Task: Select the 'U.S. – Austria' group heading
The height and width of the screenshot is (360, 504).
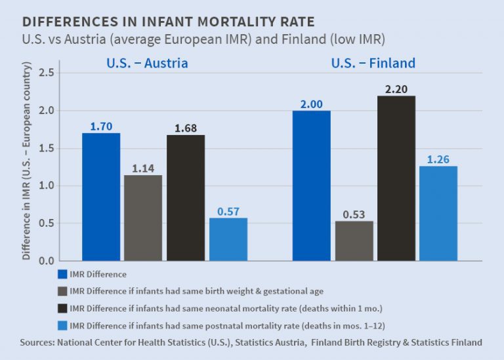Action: (x=147, y=64)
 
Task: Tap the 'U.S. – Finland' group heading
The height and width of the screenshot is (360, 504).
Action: (x=373, y=64)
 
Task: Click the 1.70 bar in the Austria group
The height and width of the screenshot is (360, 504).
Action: (x=100, y=197)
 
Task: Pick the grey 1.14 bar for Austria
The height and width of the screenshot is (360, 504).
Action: (x=142, y=218)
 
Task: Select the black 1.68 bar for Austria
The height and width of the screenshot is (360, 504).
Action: (x=185, y=197)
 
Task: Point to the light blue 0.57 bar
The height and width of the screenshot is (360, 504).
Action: (x=228, y=239)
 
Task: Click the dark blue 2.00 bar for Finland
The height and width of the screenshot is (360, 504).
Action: (x=311, y=186)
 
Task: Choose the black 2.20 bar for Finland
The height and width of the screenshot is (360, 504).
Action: (x=396, y=178)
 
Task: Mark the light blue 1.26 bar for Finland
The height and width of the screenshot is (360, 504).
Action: (x=438, y=213)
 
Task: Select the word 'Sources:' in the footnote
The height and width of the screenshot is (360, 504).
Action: (x=41, y=342)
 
